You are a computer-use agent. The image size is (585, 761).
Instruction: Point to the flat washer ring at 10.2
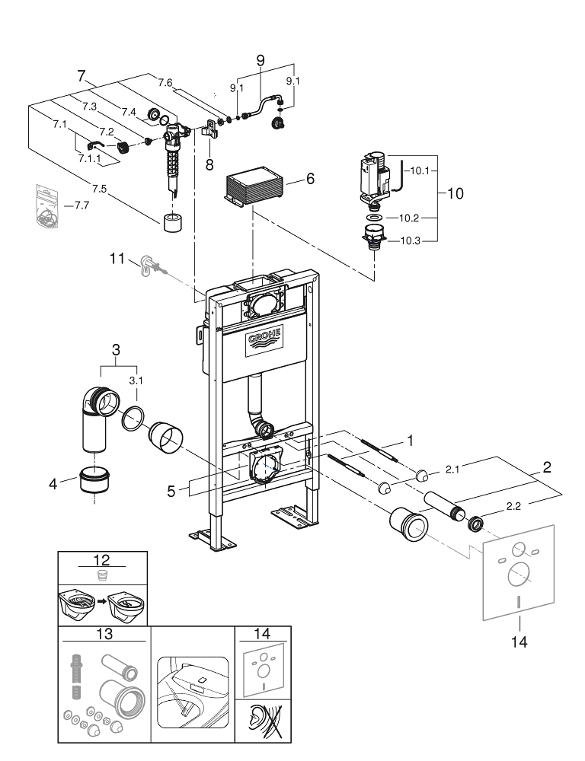pyautogui.click(x=375, y=218)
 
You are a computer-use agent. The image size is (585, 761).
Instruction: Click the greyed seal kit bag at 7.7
pyautogui.click(x=46, y=206)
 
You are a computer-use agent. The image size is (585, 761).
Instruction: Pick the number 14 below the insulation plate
pyautogui.click(x=519, y=642)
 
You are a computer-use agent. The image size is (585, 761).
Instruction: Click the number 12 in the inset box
pyautogui.click(x=103, y=561)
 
